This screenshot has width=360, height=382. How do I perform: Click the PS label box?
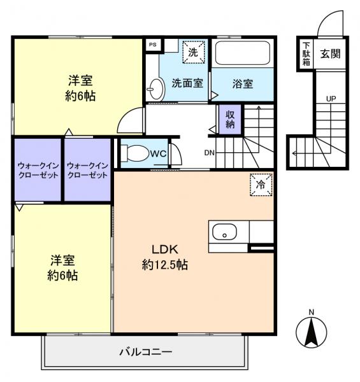(152, 45)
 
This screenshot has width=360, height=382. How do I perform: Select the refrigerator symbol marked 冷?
(260, 184)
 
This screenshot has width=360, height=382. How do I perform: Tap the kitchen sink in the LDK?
(224, 235)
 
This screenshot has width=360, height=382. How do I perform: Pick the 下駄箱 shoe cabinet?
(306, 54)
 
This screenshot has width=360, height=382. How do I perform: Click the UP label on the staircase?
(331, 99)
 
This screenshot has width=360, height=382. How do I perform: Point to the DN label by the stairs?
(209, 153)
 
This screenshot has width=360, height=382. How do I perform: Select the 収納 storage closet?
(229, 119)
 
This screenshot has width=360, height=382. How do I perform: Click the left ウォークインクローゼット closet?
(38, 170)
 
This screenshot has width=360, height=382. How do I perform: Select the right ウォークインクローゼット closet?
(87, 170)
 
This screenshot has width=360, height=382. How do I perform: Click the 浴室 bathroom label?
(242, 83)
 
